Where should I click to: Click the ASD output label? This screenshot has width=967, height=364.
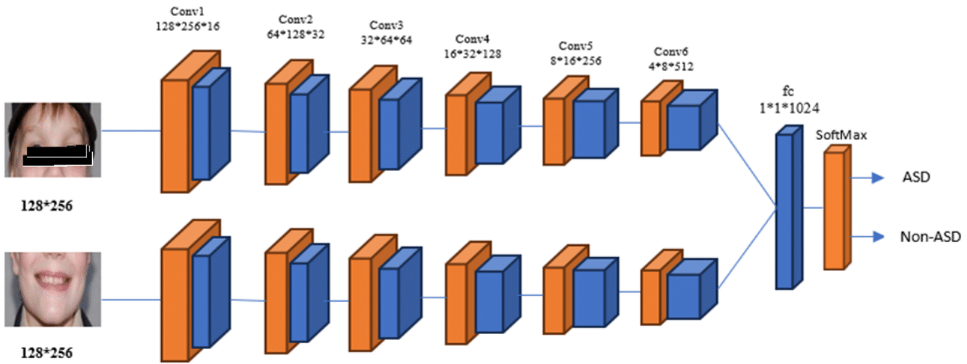[x=916, y=178]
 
